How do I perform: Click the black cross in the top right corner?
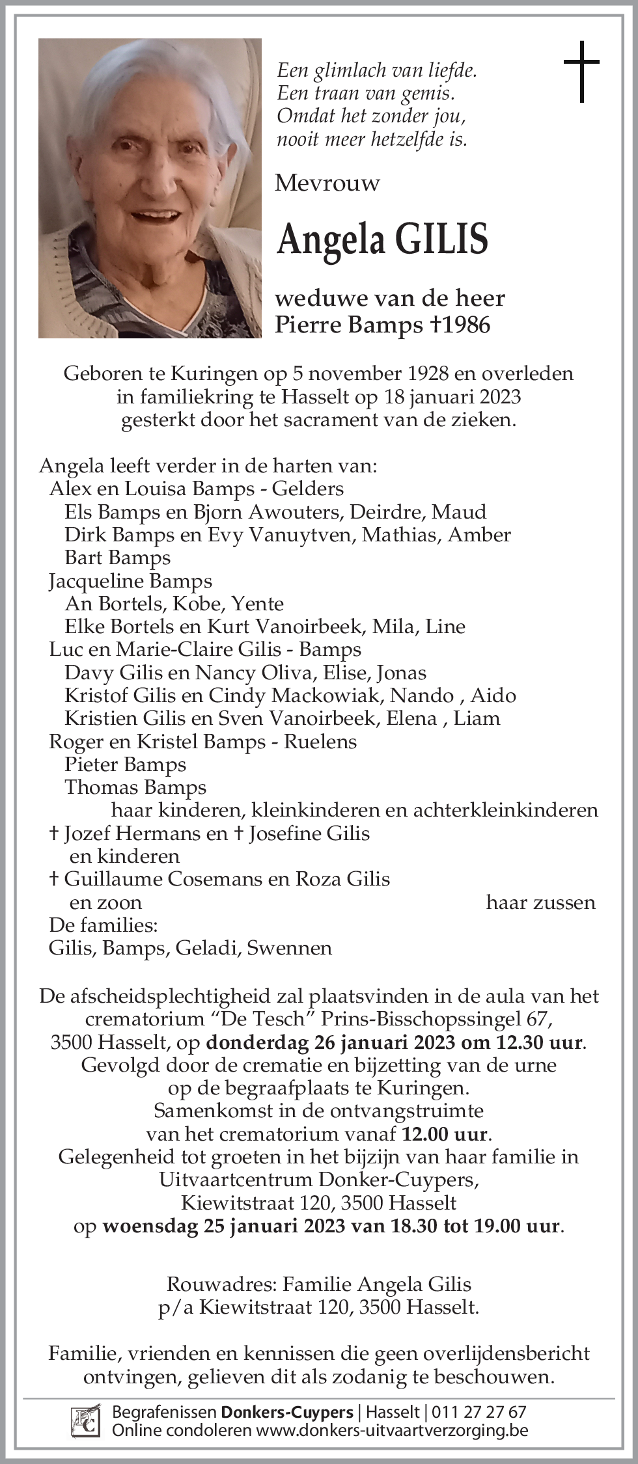pos(581,72)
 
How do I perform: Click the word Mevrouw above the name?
pos(327,183)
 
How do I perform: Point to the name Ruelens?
pos(320,742)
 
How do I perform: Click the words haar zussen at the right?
pos(540,902)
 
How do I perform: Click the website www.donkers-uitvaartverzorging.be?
pos(391,1430)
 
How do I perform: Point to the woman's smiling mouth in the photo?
pos(154,213)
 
